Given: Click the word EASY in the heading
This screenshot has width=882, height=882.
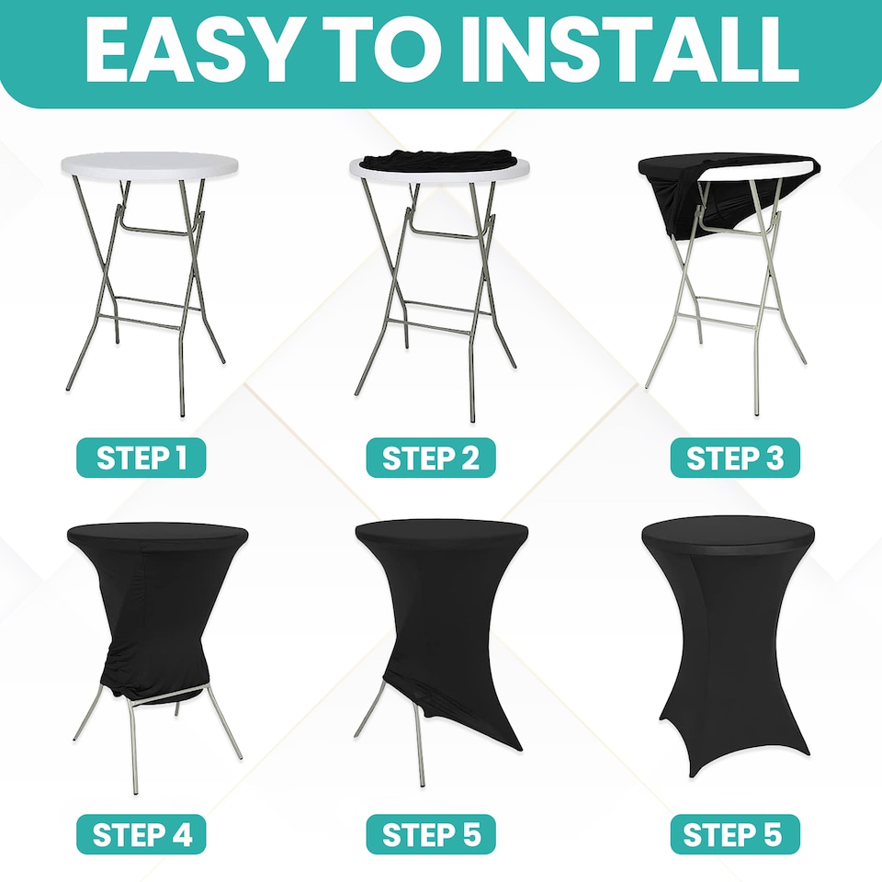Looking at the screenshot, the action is tap(190, 50).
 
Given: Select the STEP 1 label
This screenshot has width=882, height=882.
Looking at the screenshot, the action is tap(141, 458).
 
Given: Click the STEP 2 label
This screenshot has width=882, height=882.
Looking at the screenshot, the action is tap(431, 458).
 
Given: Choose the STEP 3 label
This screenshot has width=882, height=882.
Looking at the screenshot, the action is tap(735, 458).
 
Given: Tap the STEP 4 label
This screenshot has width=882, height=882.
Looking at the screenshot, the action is tap(141, 834).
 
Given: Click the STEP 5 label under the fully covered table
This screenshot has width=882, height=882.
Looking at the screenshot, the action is tap(735, 834).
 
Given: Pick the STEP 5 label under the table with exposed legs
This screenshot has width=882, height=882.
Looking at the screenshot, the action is tap(431, 834).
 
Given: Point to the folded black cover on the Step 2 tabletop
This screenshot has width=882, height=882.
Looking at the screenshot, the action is tap(439, 159).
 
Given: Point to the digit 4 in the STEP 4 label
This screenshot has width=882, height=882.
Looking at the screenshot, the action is tap(180, 834).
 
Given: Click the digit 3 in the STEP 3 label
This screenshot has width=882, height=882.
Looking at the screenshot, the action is tap(774, 458).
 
